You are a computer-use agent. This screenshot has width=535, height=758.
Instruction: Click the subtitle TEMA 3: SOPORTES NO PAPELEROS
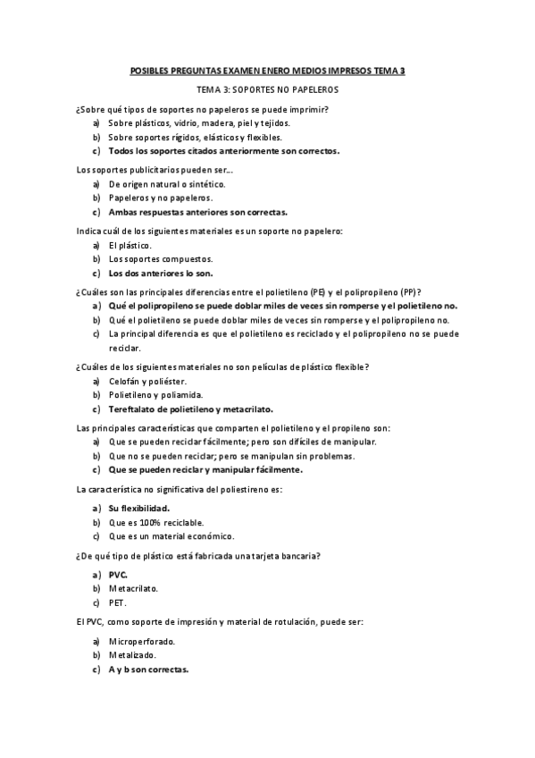click(267, 90)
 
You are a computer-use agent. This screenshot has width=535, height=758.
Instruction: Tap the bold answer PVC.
click(118, 577)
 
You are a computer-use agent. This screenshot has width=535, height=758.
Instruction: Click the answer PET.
click(117, 603)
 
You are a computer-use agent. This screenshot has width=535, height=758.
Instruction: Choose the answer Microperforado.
click(141, 642)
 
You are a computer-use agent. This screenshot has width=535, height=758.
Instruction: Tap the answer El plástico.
click(130, 245)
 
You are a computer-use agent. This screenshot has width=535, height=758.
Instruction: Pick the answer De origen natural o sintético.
click(166, 184)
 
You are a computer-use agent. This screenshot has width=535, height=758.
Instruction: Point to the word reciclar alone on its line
click(124, 347)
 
